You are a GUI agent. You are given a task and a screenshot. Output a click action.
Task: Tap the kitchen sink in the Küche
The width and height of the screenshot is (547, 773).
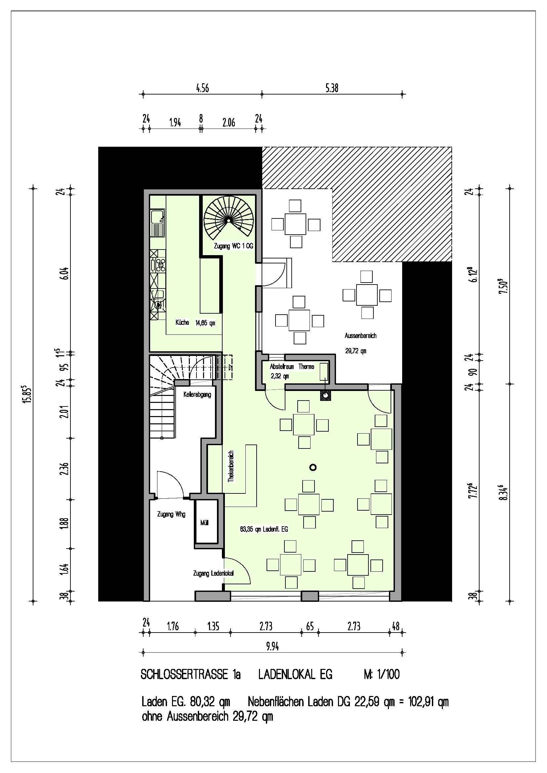coord(157,222)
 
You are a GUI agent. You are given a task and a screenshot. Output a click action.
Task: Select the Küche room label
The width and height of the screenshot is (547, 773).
coord(182,323)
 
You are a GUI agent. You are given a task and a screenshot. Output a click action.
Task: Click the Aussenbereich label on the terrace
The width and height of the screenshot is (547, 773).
coord(360,336)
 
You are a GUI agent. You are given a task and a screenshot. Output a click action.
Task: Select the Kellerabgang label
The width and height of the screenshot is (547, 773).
coord(197,395)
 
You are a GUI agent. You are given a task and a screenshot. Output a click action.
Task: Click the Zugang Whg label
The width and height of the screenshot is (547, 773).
coord(171,515)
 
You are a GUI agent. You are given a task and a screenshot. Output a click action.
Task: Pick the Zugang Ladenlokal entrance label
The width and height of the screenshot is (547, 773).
coord(214,573)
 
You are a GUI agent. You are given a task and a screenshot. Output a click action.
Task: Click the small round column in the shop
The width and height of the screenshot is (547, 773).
coord(313,467)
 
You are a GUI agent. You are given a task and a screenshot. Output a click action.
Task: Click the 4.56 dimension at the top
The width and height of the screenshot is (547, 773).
coord(202,89)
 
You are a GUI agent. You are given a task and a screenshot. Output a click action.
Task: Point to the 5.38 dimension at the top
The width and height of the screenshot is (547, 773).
coord(332,89)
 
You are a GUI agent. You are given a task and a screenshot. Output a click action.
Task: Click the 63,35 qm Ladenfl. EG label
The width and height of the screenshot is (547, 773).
coord(264,529)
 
